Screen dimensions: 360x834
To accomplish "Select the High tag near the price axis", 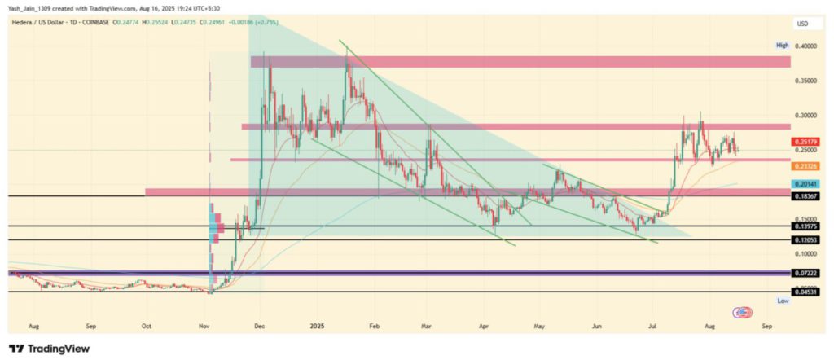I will point(783,46).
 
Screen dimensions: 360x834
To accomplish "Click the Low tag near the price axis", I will point(783,301).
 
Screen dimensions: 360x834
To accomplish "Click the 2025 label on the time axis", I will point(318,324).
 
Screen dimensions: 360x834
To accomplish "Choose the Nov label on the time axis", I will point(204,324).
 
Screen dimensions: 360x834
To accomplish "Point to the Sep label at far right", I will point(766,324).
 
